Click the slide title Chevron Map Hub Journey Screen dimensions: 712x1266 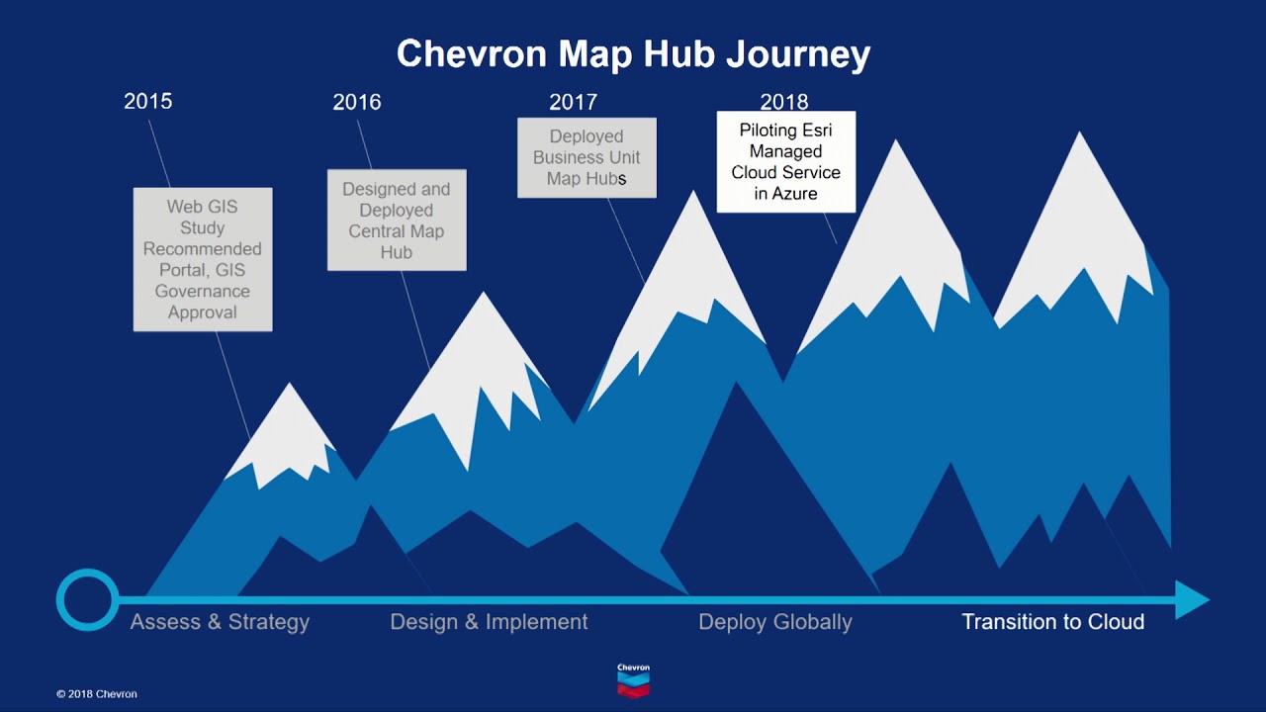click(633, 53)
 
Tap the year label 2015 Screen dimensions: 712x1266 click(147, 101)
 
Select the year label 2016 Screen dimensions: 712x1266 click(356, 102)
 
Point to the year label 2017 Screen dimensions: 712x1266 click(573, 102)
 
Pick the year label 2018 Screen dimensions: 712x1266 click(783, 102)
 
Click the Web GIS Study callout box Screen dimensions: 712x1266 click(203, 259)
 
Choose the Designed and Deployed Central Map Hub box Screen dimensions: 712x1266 click(397, 220)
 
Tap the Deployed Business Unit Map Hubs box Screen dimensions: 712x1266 click(587, 157)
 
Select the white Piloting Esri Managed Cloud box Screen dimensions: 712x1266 click(786, 161)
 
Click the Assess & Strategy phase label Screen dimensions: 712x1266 click(220, 622)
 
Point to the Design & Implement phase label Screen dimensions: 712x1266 click(489, 622)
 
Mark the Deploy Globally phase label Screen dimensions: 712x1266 click(774, 622)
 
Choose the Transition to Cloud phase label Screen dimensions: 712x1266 click(1053, 622)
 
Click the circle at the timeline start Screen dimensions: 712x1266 click(87, 599)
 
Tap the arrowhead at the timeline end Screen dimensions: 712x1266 click(1192, 599)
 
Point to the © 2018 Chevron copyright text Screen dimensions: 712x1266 click(97, 694)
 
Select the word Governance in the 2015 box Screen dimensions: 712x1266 click(202, 292)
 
